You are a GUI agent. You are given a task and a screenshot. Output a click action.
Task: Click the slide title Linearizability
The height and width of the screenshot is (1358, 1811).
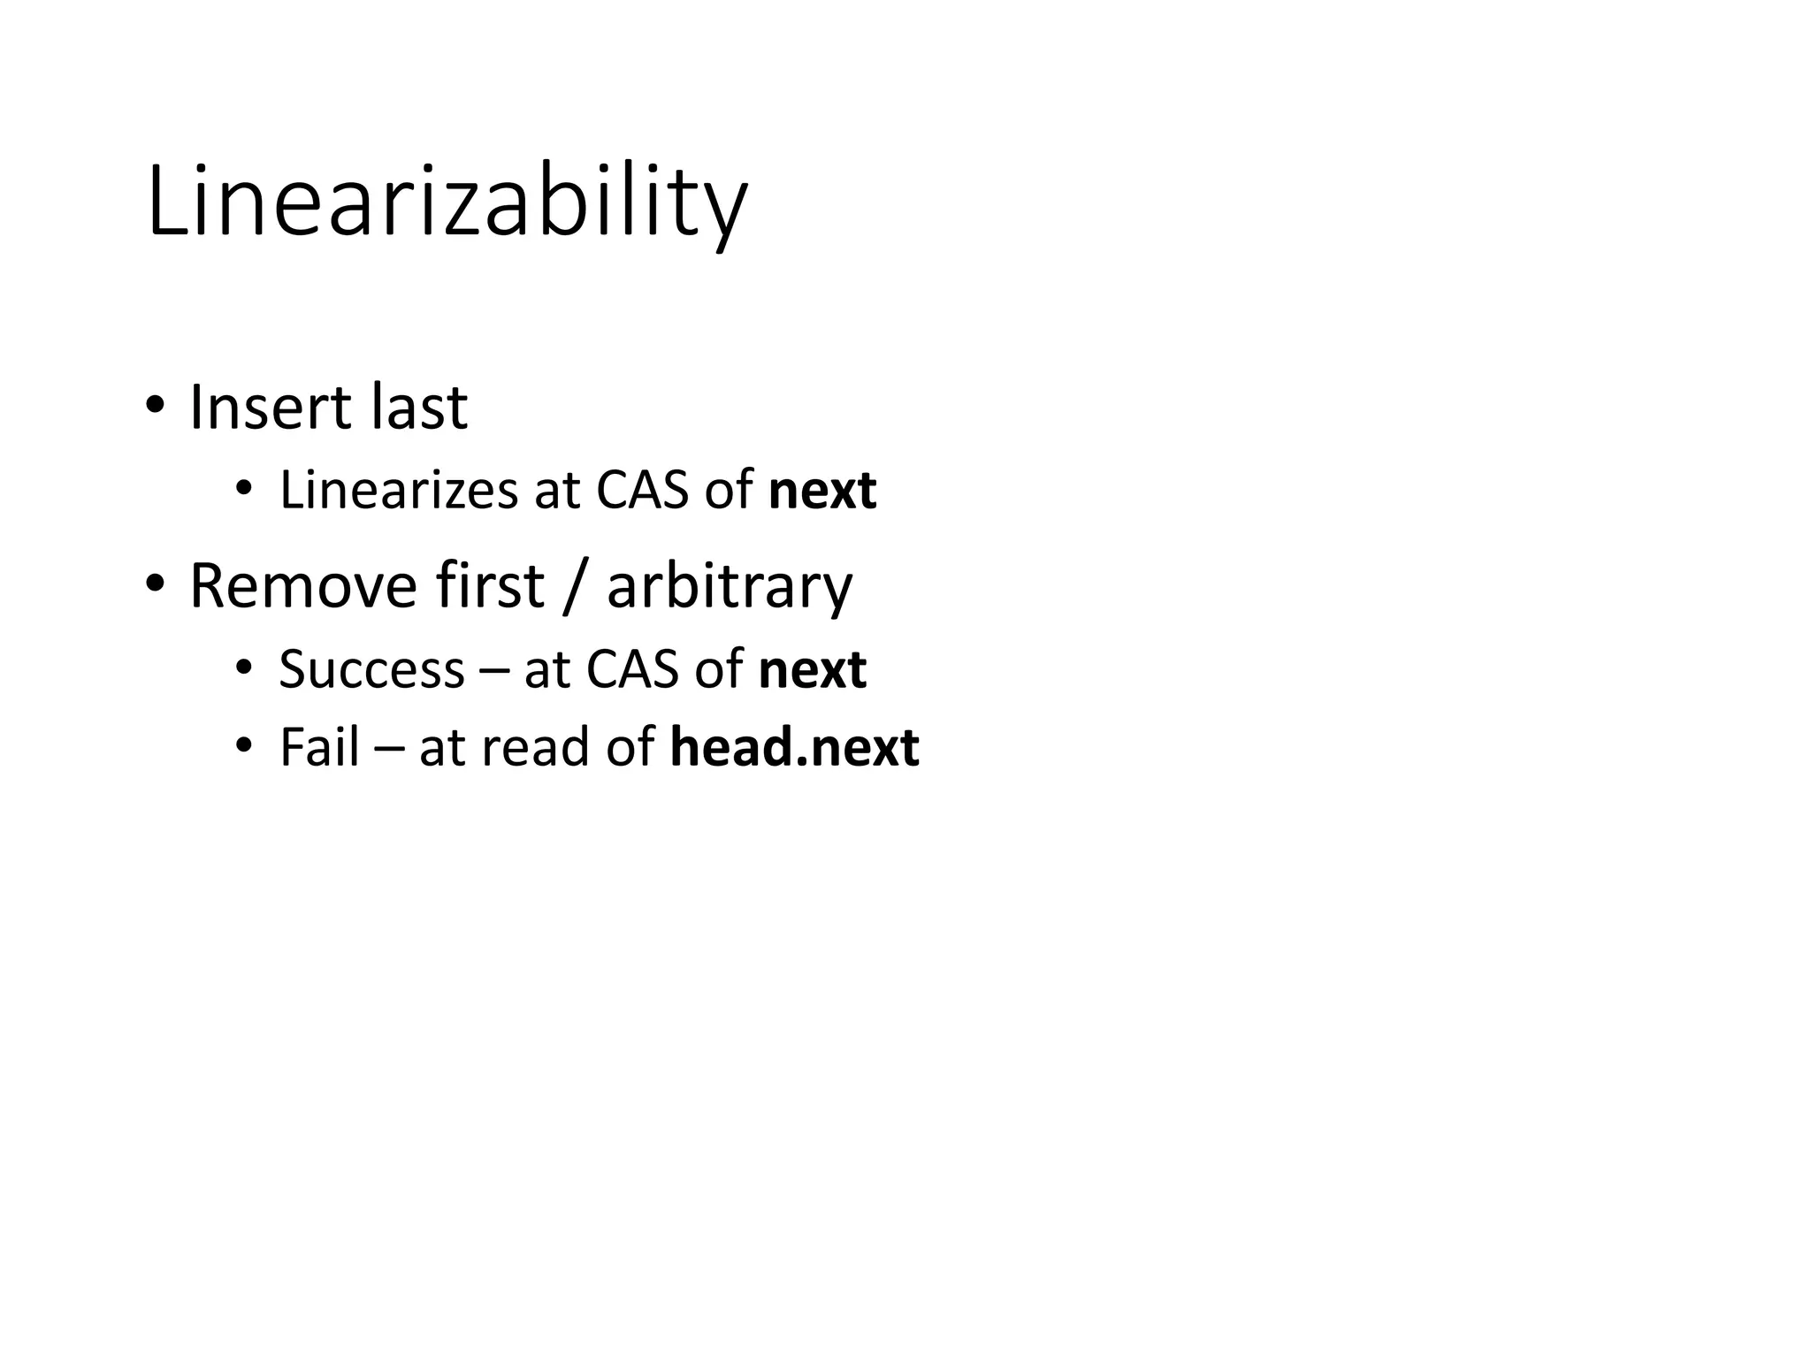[447, 203]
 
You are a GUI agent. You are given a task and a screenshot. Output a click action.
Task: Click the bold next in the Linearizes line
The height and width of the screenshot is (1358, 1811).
[822, 492]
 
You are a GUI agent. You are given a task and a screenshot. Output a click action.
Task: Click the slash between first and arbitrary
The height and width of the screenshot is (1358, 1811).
[575, 587]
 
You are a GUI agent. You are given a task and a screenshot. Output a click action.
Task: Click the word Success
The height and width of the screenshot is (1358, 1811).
[371, 669]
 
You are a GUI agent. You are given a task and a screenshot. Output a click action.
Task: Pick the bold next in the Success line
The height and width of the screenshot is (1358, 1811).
[812, 671]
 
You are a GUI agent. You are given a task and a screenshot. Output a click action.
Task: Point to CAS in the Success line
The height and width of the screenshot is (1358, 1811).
[630, 669]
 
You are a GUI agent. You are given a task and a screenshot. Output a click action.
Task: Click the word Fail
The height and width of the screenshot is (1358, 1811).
[319, 747]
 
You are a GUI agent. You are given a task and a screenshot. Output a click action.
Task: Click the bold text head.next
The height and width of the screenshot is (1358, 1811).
[794, 748]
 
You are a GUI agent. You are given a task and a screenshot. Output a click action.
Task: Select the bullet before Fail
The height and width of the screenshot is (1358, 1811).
[244, 747]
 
